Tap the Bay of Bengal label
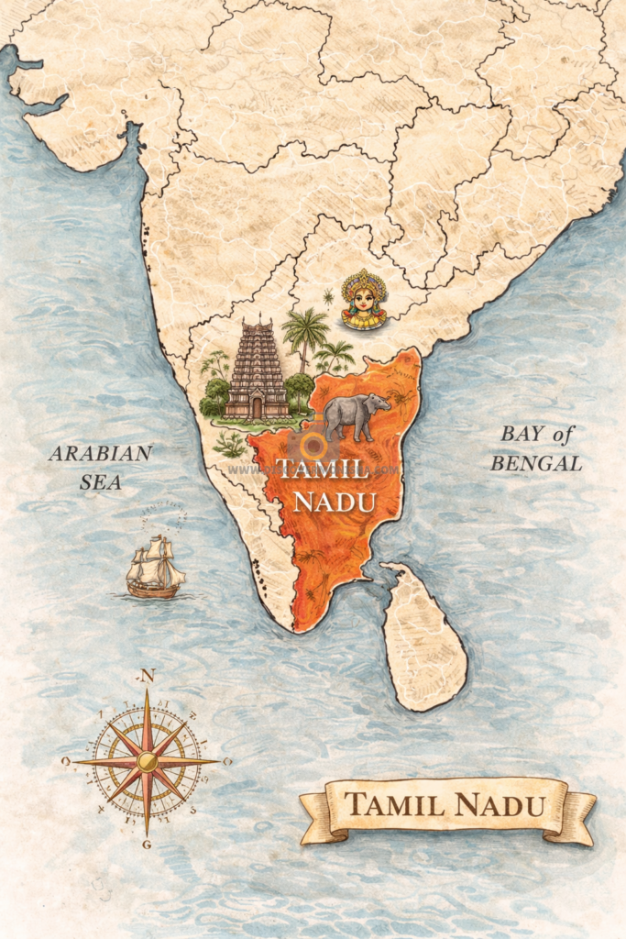[536, 448]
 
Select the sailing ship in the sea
[155, 569]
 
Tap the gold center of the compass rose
[147, 760]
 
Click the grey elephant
[354, 414]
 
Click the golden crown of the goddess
[364, 280]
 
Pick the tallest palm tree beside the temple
[305, 330]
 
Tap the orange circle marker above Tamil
[313, 447]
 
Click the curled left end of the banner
[313, 821]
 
